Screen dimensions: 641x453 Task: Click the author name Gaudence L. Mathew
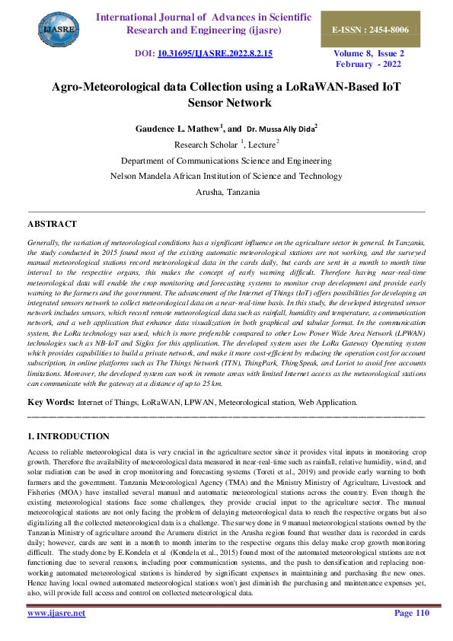tap(174, 129)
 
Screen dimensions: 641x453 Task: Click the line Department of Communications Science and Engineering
tap(226, 161)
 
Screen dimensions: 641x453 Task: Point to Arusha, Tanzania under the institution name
tap(226, 193)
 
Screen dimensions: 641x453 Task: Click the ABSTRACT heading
tap(52, 224)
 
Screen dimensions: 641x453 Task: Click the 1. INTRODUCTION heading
tap(68, 436)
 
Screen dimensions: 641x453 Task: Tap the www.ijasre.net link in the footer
tap(56, 613)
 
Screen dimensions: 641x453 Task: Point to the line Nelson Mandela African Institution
tap(226, 177)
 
